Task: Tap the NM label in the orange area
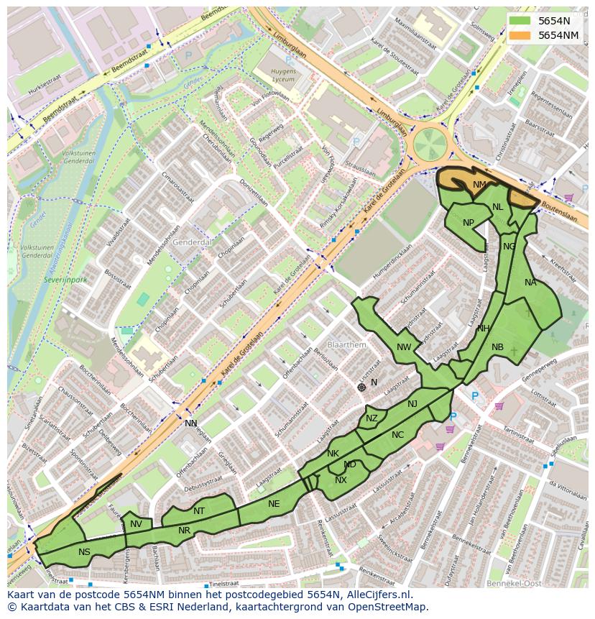tap(479, 185)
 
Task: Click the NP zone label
tap(469, 222)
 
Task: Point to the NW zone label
tap(404, 347)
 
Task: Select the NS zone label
tap(85, 552)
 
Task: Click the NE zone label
tap(274, 504)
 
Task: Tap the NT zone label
tap(199, 511)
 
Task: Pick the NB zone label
tap(497, 347)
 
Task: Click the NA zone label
tap(530, 283)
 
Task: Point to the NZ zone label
tap(372, 418)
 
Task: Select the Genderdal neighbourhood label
tap(192, 243)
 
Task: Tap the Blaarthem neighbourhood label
tap(346, 345)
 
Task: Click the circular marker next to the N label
tap(361, 387)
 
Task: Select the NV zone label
tap(136, 524)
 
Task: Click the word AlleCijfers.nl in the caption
tap(386, 595)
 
